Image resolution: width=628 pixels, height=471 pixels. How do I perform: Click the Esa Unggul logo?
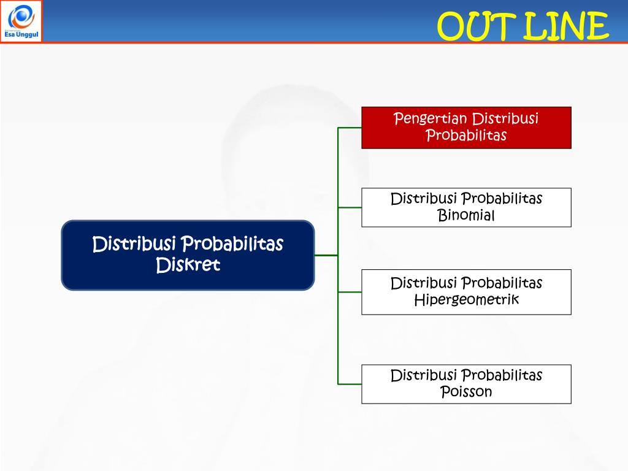[21, 21]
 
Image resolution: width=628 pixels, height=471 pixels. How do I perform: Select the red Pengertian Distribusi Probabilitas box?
[466, 128]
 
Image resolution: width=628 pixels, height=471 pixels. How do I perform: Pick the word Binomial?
[466, 215]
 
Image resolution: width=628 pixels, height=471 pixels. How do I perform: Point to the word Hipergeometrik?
[466, 300]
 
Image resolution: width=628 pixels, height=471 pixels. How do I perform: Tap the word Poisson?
[466, 391]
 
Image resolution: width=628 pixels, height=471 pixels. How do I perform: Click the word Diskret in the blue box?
[188, 265]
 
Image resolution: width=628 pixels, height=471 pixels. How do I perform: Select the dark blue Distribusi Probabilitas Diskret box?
[188, 255]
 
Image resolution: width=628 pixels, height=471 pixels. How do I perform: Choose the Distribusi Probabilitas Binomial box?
[466, 207]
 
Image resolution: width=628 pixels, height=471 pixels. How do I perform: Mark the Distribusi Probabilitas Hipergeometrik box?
[466, 292]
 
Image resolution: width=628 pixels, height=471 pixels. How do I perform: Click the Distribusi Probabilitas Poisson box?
[466, 384]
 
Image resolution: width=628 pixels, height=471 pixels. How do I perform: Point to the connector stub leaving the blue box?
[326, 255]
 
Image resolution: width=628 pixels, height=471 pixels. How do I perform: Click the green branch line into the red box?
[350, 128]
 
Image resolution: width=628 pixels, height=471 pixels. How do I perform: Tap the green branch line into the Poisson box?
[350, 384]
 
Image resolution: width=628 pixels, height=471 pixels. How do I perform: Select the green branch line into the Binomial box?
[350, 207]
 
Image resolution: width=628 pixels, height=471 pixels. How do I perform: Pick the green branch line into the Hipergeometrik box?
[350, 292]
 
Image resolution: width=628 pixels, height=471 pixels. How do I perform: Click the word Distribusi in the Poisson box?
[423, 375]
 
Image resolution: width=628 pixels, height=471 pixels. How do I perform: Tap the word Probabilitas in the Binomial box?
[502, 199]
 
